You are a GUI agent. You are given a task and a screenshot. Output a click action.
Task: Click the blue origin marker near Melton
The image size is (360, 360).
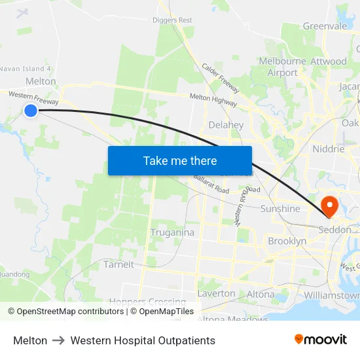[x=31, y=111]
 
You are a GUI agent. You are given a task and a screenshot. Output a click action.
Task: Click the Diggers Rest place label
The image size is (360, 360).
[x=173, y=20]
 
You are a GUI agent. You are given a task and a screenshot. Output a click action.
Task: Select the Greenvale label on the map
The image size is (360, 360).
[x=324, y=26]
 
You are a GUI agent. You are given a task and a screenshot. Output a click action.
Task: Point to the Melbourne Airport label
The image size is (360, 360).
[x=283, y=67]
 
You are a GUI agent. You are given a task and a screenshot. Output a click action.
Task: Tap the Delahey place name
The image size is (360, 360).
[x=226, y=124]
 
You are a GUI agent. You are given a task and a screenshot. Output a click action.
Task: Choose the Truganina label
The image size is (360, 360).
[x=172, y=232]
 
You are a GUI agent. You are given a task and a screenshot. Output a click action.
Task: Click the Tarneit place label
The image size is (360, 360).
[x=118, y=264]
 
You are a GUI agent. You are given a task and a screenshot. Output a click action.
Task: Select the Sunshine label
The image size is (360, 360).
[x=280, y=209]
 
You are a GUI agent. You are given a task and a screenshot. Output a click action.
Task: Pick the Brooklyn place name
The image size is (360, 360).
[x=287, y=242]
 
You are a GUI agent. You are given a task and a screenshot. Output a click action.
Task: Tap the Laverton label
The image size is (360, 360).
[x=217, y=293]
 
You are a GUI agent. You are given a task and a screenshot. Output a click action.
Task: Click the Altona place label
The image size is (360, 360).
[x=261, y=295]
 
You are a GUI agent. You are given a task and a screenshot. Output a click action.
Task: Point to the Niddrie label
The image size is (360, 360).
[x=328, y=149]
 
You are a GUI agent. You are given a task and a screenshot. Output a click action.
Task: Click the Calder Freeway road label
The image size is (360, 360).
[x=220, y=79]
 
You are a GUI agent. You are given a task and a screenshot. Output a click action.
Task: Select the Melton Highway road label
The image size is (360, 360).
[x=213, y=98]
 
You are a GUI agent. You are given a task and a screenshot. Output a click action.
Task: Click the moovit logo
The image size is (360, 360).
[x=321, y=340]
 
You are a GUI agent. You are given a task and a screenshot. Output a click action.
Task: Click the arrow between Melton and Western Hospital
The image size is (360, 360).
[x=59, y=341]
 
